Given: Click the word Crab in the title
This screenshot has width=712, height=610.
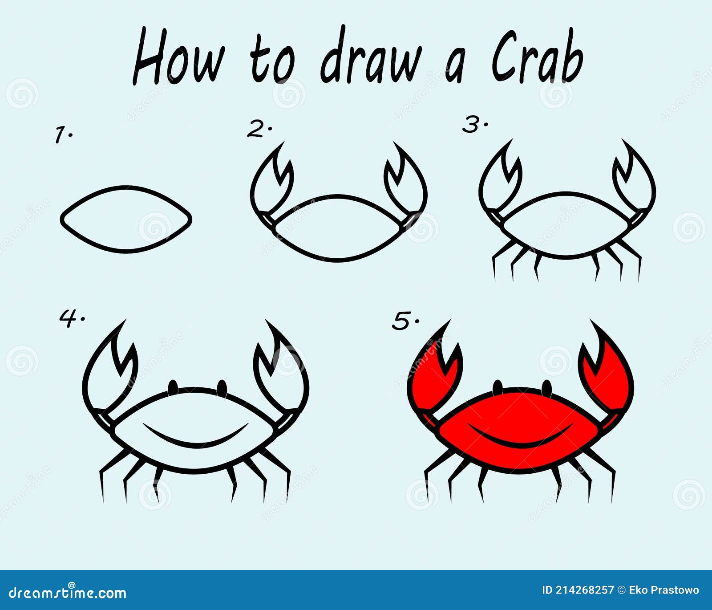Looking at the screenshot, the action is [x=537, y=57].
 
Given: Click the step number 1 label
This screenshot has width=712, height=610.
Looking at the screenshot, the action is [x=63, y=134].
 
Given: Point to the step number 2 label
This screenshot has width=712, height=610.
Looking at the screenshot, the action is [x=259, y=129].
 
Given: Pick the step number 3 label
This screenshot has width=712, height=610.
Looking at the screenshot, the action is [x=475, y=124].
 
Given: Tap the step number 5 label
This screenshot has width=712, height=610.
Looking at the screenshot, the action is [x=405, y=321].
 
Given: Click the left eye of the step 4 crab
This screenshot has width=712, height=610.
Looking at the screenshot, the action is [x=173, y=387].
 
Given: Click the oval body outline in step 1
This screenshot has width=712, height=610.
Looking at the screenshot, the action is [x=126, y=187].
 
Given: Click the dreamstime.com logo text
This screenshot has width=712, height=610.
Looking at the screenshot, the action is [x=68, y=593].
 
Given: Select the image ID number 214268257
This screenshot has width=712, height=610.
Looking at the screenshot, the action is [x=584, y=590].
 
